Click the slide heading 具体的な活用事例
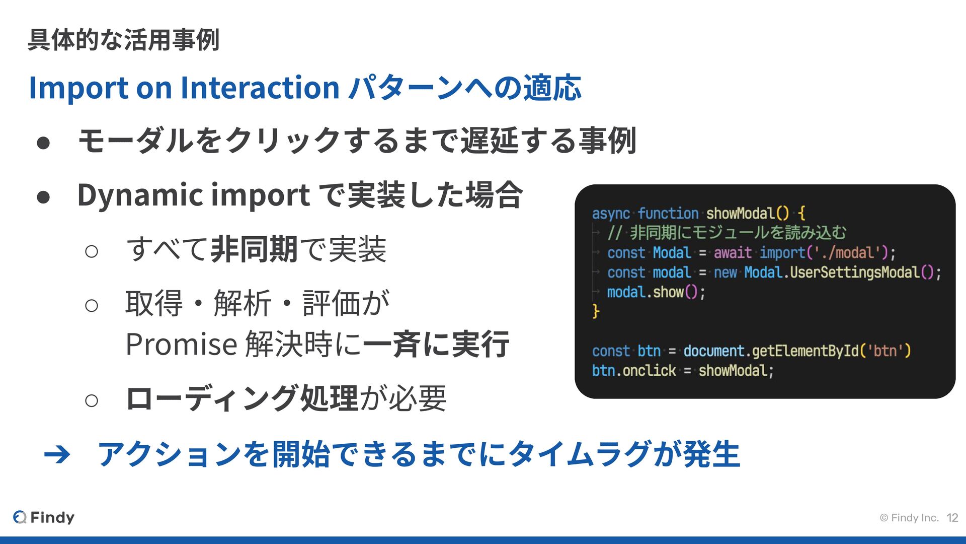(123, 40)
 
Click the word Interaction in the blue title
(260, 88)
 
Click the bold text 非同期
(254, 249)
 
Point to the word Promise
(181, 345)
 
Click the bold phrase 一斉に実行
(436, 345)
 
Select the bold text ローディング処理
(242, 398)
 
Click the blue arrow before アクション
(57, 455)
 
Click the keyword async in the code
(610, 214)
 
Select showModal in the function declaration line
(740, 214)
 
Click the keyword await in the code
(732, 253)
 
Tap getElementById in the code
(805, 351)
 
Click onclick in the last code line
(649, 371)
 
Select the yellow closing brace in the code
(596, 311)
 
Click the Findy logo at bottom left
(44, 517)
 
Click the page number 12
(952, 518)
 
